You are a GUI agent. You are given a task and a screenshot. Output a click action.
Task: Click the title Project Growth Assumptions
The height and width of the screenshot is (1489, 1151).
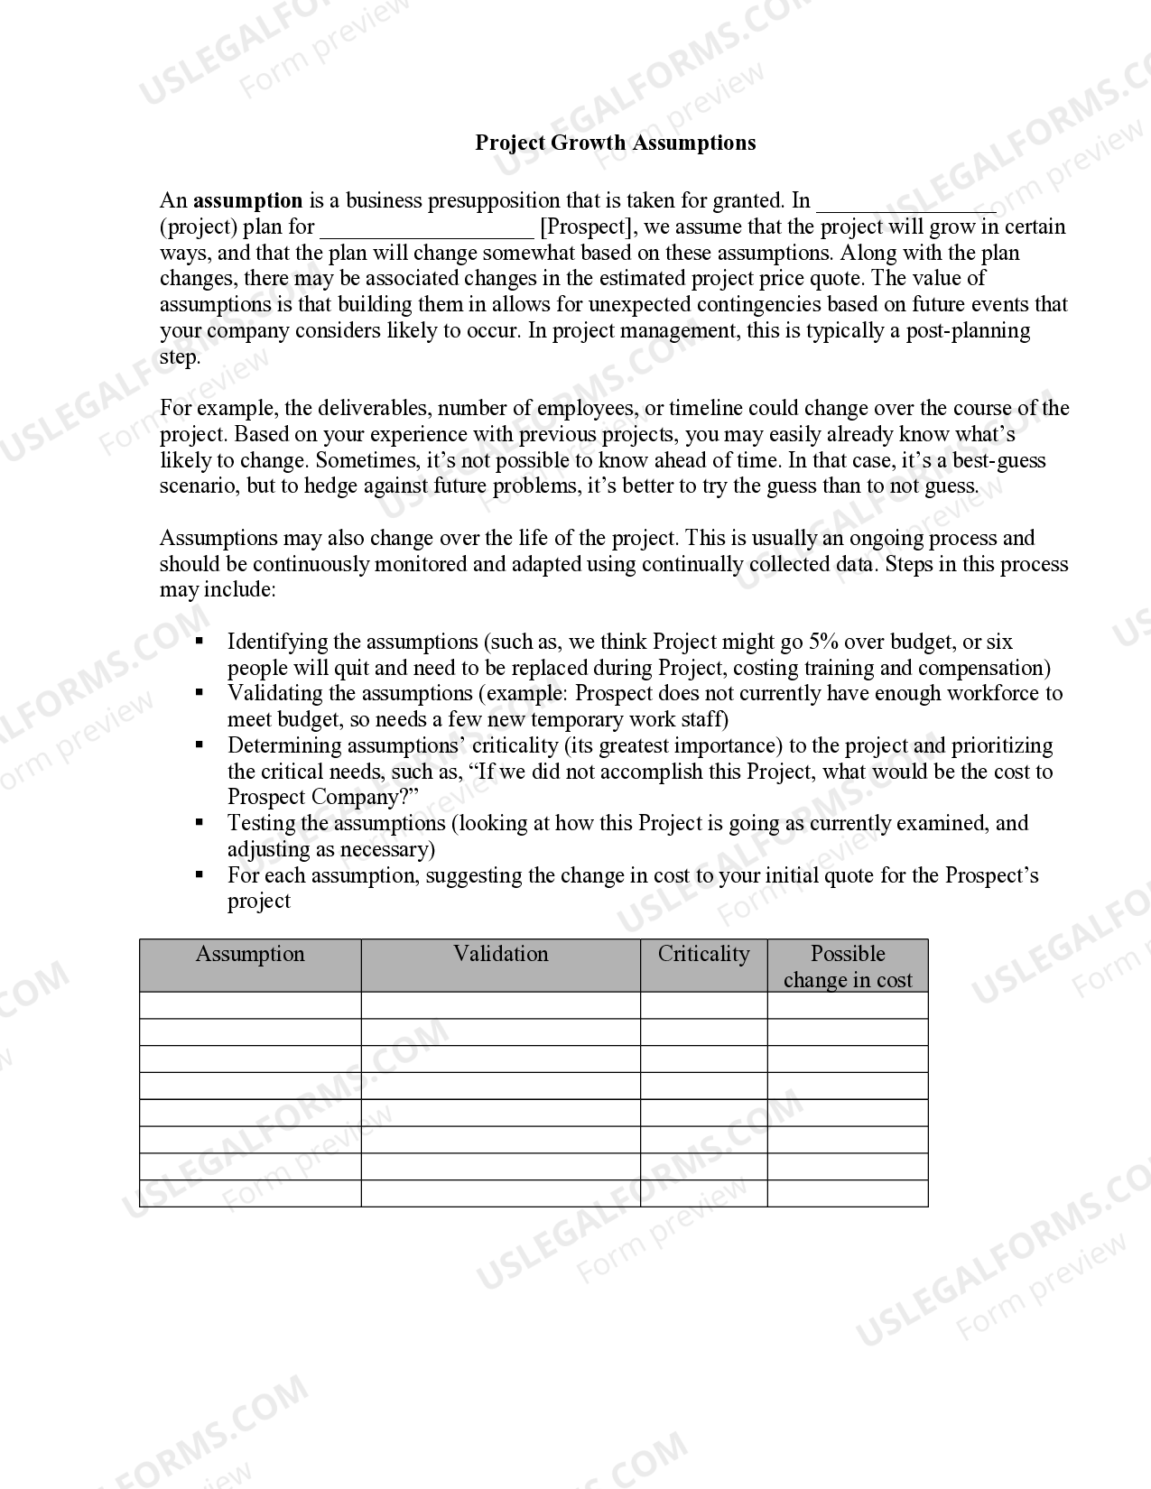(615, 143)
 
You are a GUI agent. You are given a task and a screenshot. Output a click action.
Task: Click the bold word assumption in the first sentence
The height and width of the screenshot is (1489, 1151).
(247, 200)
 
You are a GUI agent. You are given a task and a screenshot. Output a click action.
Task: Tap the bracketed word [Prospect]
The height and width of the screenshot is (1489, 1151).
(587, 227)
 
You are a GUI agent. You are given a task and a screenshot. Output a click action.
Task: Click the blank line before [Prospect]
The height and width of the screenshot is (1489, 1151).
(426, 229)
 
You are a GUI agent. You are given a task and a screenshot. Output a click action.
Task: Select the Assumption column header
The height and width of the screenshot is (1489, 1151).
(250, 955)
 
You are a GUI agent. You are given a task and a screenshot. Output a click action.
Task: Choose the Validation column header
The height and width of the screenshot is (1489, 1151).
(500, 955)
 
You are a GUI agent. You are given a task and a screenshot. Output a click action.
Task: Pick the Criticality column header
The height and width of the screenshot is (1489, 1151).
(703, 955)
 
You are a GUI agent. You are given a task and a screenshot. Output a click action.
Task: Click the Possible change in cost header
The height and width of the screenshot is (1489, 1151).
(848, 966)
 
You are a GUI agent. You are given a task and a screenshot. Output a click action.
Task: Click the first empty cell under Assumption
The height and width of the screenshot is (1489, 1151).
(250, 1005)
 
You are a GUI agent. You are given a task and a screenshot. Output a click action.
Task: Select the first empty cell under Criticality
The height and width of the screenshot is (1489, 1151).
(703, 1005)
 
